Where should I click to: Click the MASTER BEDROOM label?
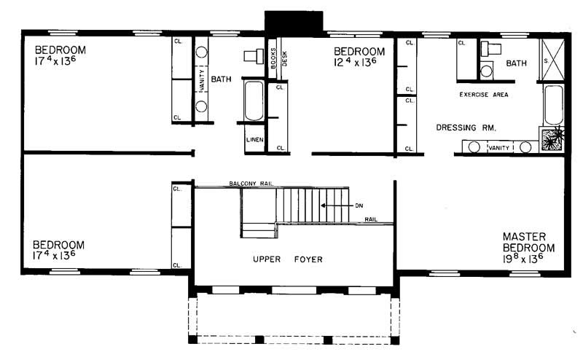point(528,242)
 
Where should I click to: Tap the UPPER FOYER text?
point(287,259)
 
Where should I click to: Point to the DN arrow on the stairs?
point(337,206)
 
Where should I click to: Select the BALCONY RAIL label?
point(251,184)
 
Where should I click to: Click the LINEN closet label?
point(254,140)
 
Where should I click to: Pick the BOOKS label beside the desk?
point(273,58)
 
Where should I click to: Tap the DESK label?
point(284,58)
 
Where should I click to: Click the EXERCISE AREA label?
point(484,95)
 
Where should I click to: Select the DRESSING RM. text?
point(466,128)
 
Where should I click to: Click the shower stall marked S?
point(552,60)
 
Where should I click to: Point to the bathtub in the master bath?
point(553,105)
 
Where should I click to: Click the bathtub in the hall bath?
point(254,101)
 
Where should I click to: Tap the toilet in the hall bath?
point(254,56)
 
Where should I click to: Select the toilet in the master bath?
point(490,48)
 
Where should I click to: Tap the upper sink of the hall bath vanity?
point(202,52)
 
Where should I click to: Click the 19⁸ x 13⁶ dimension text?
point(523,259)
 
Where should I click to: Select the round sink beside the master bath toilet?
point(486,71)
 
